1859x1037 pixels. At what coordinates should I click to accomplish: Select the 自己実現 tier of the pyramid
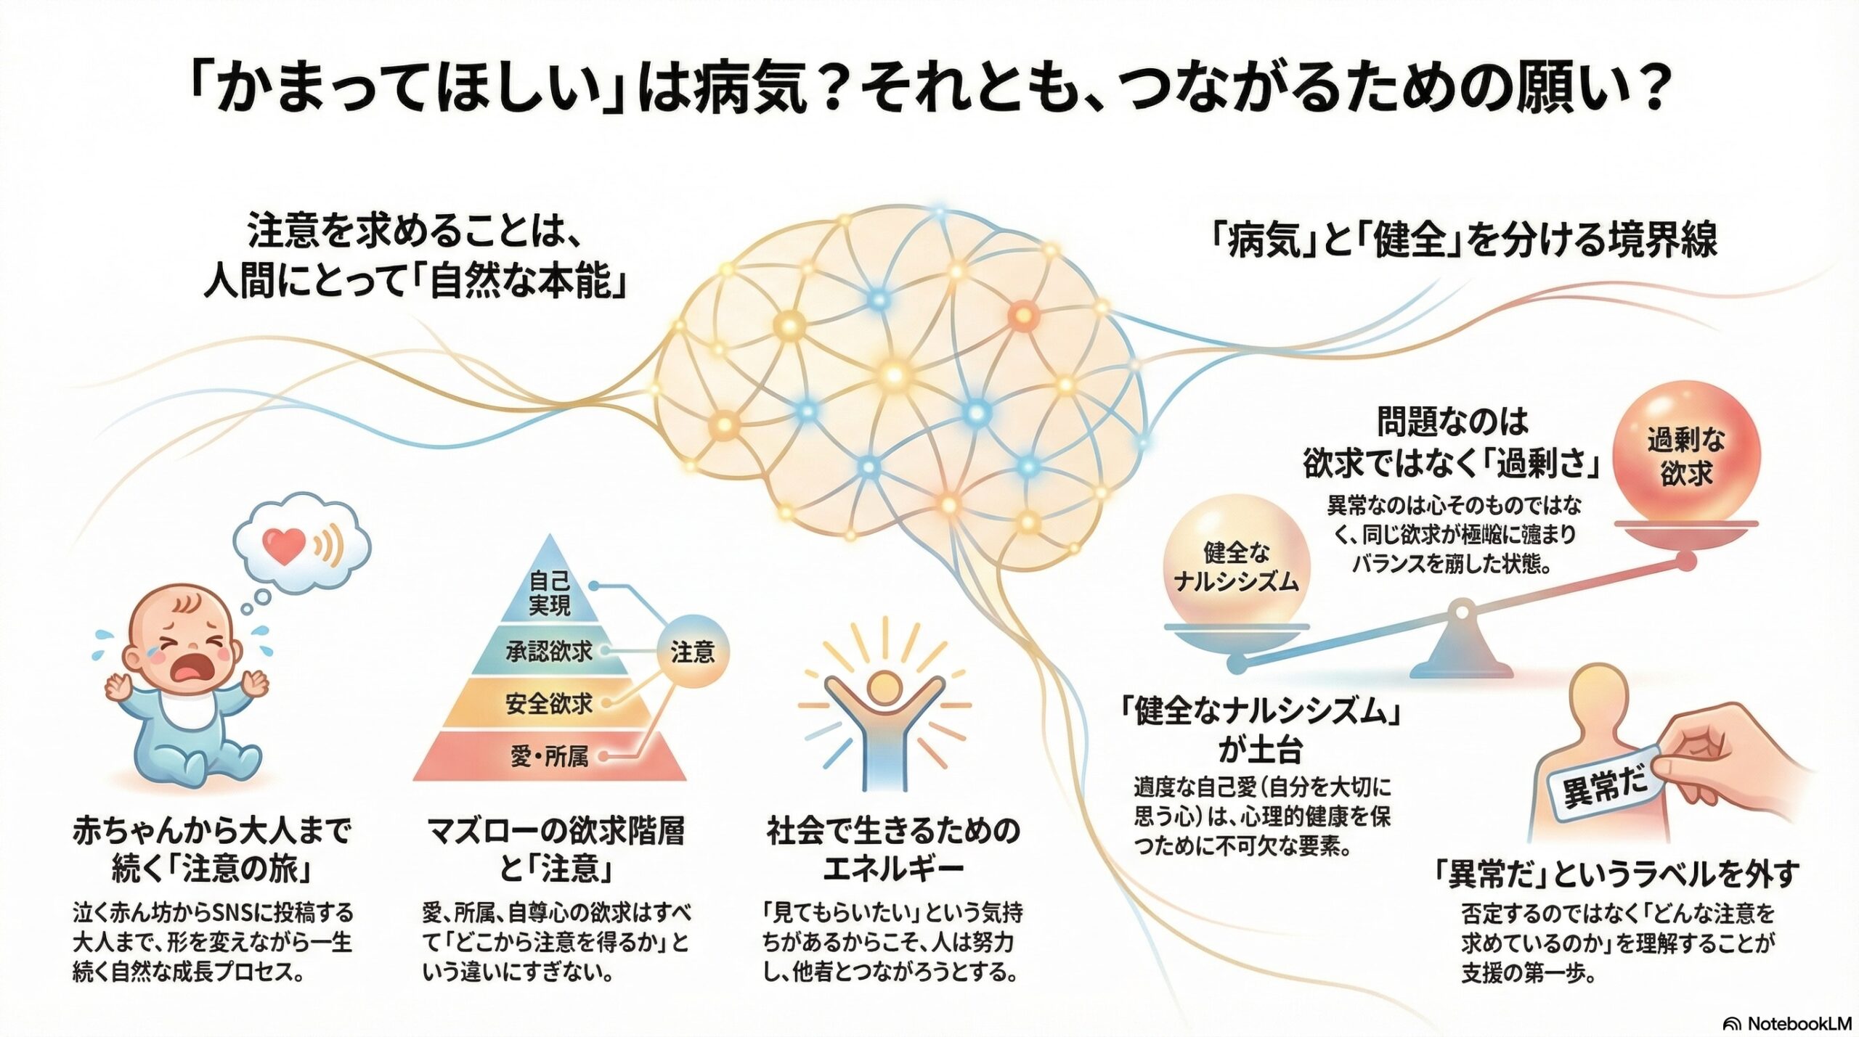point(550,594)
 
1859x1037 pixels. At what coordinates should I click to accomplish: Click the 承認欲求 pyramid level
point(550,652)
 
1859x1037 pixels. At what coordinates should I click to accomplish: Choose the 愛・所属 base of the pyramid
point(550,757)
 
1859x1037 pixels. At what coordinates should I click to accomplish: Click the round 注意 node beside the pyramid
point(692,652)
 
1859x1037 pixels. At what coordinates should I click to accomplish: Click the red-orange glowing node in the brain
point(1022,315)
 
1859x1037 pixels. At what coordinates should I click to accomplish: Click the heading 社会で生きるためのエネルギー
point(893,849)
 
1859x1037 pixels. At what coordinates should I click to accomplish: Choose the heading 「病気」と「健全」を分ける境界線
point(1463,239)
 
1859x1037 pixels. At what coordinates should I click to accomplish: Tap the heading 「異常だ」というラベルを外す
point(1616,875)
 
